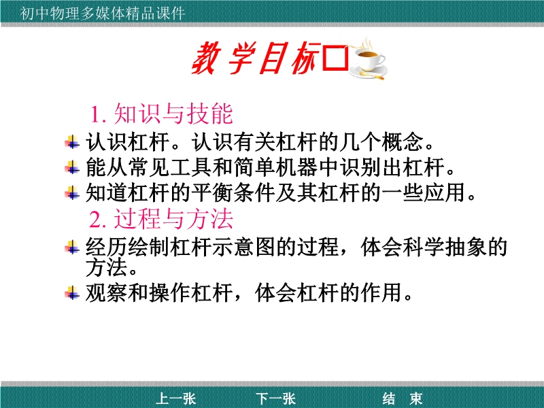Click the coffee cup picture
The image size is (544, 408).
tap(369, 59)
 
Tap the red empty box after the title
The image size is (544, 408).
tap(335, 58)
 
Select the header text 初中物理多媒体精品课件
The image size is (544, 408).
tap(102, 13)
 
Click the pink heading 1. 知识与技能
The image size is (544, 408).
tap(161, 114)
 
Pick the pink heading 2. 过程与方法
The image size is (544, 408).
tap(160, 219)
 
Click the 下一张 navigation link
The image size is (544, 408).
tap(276, 398)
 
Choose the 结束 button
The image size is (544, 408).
tap(403, 398)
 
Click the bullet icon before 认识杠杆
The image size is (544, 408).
tap(72, 142)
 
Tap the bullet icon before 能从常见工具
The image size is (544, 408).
tap(72, 167)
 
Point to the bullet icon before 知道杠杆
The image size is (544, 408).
tap(72, 192)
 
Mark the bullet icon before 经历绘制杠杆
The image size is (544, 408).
tap(72, 247)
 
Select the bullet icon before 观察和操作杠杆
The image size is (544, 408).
tap(72, 292)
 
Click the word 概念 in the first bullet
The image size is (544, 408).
tap(403, 142)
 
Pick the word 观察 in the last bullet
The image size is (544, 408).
tap(107, 292)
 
